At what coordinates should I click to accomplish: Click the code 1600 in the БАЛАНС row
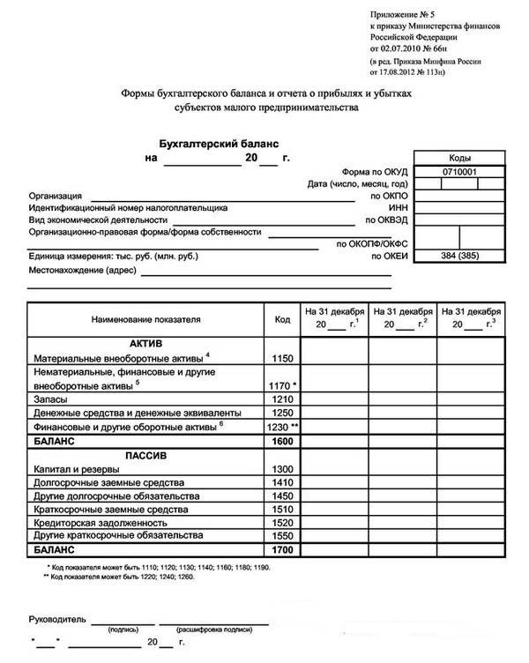[282, 440]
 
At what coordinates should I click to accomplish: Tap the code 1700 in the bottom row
[282, 549]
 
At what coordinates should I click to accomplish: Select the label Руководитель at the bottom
[57, 619]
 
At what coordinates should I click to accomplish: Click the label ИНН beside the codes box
[399, 207]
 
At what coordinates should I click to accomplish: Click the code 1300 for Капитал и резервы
[282, 469]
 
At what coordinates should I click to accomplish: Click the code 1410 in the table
[282, 482]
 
